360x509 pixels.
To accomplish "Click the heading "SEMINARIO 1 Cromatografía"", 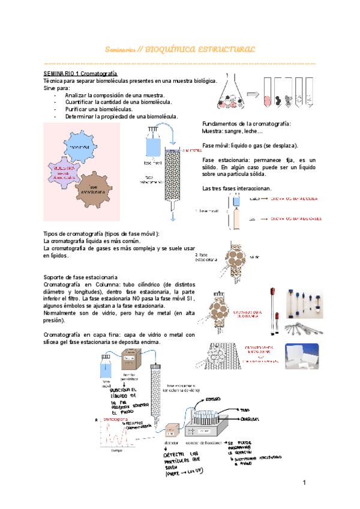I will pos(79,71).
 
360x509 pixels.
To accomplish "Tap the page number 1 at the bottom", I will pos(304,483).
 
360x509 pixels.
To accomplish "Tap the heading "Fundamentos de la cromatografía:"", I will pos(246,123).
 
